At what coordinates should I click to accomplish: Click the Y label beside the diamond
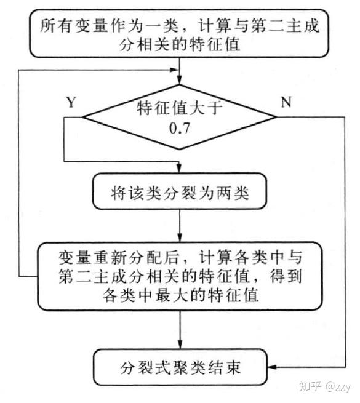(x=71, y=102)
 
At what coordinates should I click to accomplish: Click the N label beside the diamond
(x=286, y=102)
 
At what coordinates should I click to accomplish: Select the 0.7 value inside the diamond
(x=178, y=129)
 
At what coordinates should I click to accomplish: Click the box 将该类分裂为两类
(x=178, y=196)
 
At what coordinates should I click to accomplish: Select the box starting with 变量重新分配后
(x=178, y=275)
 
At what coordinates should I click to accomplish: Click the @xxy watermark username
(x=338, y=387)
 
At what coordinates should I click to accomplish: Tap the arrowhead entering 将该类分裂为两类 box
(x=178, y=173)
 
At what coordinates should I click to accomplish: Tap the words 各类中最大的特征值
(x=178, y=295)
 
